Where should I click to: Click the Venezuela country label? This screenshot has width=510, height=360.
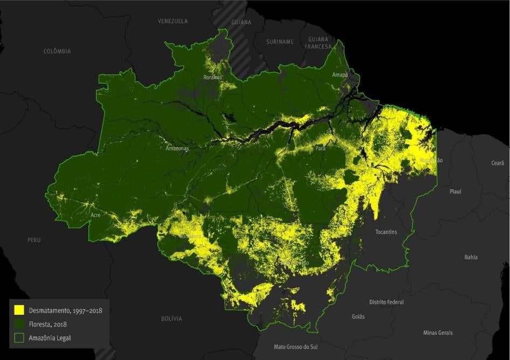coord(173,21)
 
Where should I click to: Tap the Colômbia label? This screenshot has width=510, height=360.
coord(57,51)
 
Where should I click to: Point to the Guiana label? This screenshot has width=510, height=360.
coord(241,23)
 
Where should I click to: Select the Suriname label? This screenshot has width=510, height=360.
coord(280,41)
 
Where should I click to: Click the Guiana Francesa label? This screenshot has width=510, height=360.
coord(318,43)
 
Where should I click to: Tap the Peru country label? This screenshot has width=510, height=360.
coord(34,240)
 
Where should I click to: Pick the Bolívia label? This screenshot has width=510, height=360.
coord(171,319)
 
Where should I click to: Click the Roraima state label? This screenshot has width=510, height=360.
coord(212,78)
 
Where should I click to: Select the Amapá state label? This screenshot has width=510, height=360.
coord(340,75)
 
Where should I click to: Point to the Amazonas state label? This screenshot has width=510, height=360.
coord(177,148)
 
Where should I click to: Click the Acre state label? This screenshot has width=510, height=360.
coord(95,214)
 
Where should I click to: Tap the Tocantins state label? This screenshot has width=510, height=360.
coord(386,232)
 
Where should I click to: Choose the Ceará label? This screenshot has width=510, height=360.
coord(498,163)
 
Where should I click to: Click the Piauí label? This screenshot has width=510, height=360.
coord(456,191)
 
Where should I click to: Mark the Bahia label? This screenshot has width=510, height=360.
coord(471,257)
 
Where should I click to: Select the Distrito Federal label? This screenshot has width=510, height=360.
coord(386,302)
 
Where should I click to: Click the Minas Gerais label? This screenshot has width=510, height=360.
coord(438,333)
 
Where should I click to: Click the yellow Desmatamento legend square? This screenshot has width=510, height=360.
coord(19,310)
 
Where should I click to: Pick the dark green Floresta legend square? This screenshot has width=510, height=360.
coord(19,324)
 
